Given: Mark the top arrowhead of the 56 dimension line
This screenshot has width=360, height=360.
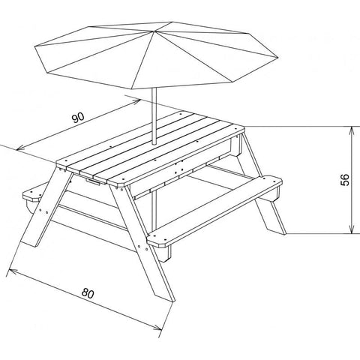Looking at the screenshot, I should point(350,128).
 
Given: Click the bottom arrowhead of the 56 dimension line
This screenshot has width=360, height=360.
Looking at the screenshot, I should point(350,231).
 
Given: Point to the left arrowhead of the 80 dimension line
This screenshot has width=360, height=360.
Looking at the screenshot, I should point(10,267).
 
